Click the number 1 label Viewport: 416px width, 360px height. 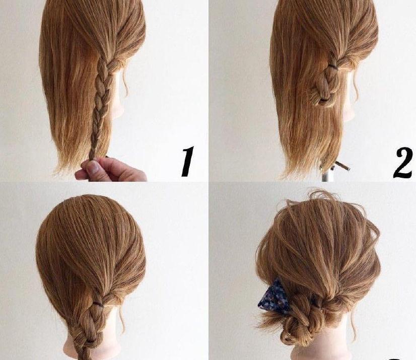188,161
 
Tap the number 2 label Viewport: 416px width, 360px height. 403,163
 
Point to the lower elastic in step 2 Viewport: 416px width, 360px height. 324,100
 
